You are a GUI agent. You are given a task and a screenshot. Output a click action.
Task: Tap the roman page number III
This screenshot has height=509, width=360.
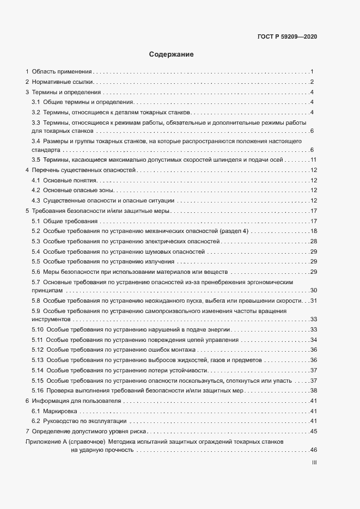click(314, 463)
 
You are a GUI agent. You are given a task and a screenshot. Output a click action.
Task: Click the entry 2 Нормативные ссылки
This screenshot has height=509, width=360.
click(60, 82)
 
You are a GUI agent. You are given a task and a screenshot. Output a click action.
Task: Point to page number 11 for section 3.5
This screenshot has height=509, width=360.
click(313, 160)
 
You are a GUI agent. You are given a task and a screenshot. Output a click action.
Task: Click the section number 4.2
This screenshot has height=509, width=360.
click(36, 190)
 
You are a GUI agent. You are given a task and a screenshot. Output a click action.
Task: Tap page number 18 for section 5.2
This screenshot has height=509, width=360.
click(313, 231)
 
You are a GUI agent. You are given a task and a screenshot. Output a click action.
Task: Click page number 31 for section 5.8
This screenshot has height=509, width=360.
click(313, 301)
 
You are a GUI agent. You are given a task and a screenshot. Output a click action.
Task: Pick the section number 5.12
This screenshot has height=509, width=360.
click(38, 349)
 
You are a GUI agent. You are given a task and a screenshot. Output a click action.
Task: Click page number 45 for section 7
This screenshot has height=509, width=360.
click(313, 431)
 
